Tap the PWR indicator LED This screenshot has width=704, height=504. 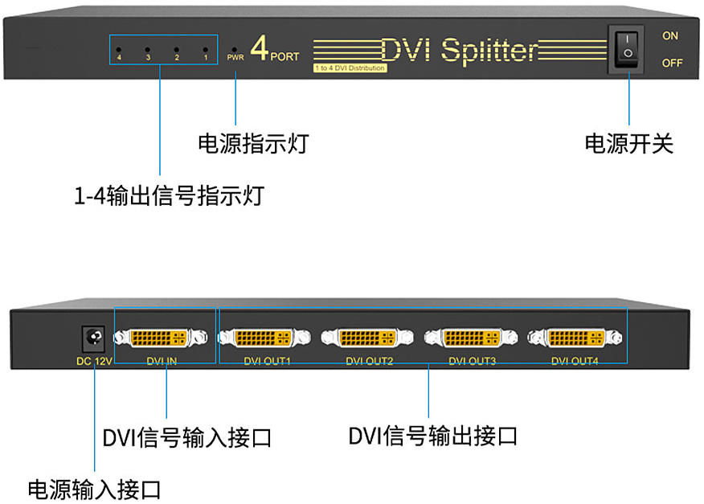[235, 49]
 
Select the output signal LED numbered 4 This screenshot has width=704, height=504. [119, 49]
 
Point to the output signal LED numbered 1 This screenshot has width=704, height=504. [206, 49]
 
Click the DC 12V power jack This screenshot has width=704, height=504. [94, 338]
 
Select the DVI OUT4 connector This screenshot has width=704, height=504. [574, 338]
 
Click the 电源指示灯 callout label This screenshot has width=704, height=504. [253, 144]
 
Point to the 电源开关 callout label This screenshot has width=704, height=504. [628, 144]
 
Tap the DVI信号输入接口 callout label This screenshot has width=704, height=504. [186, 439]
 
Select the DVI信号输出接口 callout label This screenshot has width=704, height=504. [432, 436]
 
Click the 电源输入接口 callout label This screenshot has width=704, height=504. [95, 489]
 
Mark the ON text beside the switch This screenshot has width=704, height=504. [670, 36]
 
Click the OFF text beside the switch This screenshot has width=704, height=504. [672, 63]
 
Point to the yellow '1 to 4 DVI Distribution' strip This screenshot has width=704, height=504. [350, 68]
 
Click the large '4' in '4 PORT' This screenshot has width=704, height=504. [259, 48]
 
